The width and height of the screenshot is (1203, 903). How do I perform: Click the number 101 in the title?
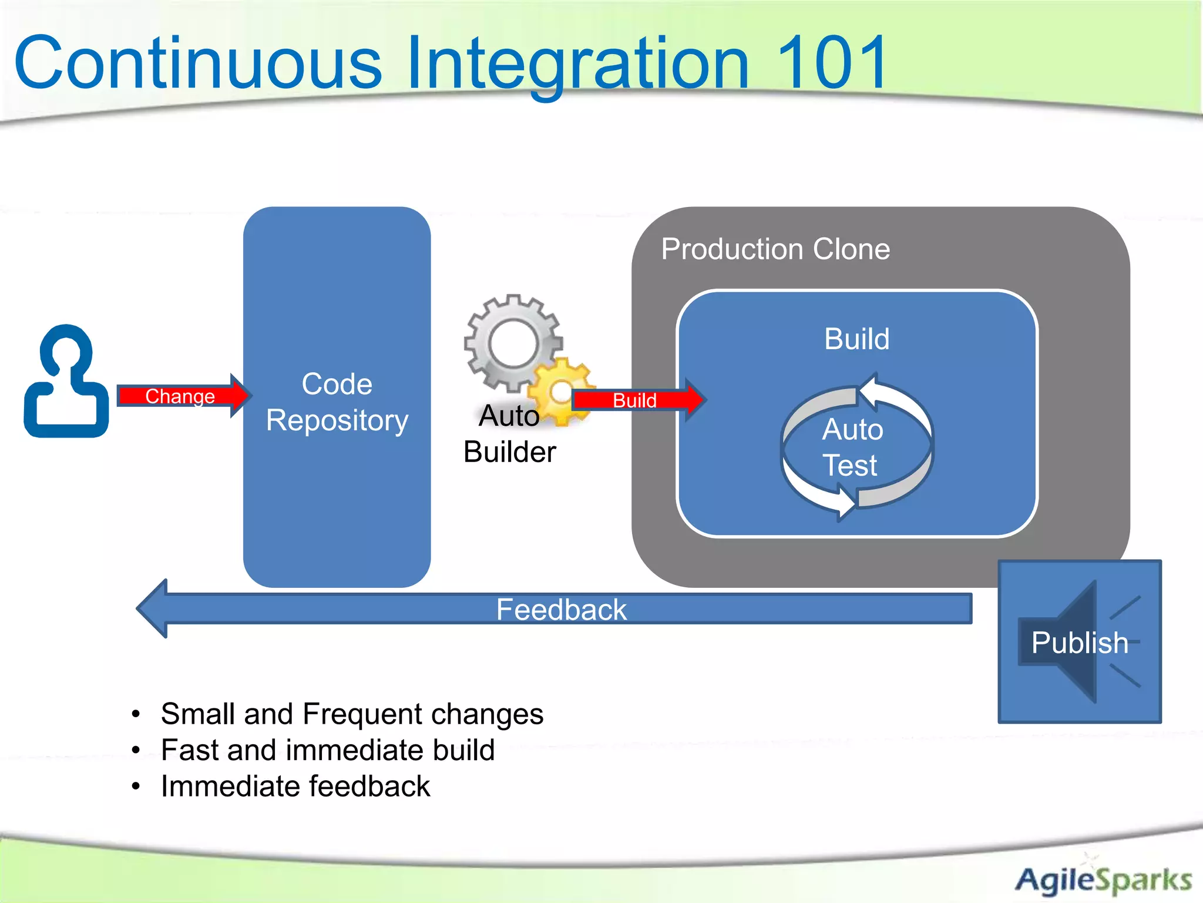(x=831, y=62)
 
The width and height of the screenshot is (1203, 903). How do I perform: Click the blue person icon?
(x=66, y=382)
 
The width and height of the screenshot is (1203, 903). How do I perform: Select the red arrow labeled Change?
(x=182, y=396)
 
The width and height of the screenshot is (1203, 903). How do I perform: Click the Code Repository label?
(x=337, y=402)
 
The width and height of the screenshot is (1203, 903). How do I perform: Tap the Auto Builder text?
(x=509, y=434)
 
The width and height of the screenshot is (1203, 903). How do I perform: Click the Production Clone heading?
(x=775, y=249)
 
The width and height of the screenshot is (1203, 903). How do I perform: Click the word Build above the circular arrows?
(x=856, y=339)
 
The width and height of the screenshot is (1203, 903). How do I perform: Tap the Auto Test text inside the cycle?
(x=852, y=447)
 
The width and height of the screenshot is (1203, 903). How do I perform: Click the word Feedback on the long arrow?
(x=561, y=609)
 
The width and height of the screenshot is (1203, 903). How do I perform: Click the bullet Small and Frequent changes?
(x=351, y=714)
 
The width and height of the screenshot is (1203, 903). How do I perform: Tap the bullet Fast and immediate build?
(x=327, y=750)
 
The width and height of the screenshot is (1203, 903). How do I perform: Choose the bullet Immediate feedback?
(x=295, y=787)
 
